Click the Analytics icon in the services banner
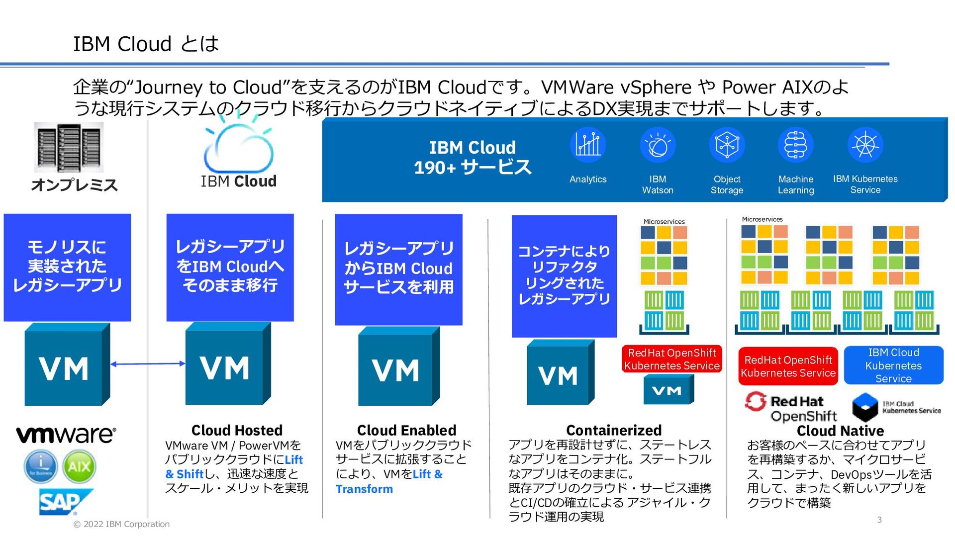[588, 145]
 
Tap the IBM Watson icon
[658, 145]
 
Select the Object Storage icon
[727, 145]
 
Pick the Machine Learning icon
[796, 145]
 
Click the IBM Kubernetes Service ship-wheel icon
[865, 145]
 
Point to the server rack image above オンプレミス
[69, 148]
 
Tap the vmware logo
[66, 434]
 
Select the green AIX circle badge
[79, 466]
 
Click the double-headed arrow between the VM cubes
[148, 364]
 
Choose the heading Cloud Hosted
[237, 430]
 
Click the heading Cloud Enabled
[406, 430]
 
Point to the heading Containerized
[614, 430]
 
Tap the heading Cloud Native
[840, 431]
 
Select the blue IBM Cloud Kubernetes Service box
[893, 365]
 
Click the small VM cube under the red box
[668, 390]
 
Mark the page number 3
[879, 520]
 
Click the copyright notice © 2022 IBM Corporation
[121, 524]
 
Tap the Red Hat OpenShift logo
[791, 408]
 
